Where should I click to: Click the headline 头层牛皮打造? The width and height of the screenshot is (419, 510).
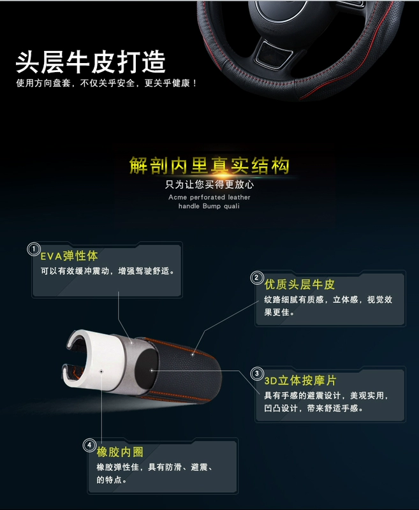pos(91,62)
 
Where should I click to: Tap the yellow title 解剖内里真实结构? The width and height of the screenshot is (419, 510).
pos(209,166)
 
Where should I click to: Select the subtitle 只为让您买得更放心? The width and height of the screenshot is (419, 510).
pos(209,184)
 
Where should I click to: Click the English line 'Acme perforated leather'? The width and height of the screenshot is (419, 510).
pos(209,197)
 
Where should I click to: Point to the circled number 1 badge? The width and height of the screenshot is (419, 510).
pos(34,249)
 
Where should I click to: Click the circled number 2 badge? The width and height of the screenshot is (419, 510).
pos(256,278)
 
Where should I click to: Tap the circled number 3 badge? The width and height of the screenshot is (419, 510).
pos(256,374)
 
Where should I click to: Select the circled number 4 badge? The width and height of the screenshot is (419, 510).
pos(89,445)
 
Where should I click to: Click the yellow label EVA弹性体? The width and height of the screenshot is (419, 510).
pos(69,256)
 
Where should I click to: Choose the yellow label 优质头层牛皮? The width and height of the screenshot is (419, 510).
pos(299,284)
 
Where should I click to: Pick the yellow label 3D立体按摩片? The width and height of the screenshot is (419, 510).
pos(300,380)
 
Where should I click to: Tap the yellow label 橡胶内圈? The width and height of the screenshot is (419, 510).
pos(120,452)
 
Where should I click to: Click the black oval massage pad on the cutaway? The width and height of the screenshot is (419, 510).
pos(147,369)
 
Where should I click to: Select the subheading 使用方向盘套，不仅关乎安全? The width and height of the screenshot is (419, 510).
pos(75,84)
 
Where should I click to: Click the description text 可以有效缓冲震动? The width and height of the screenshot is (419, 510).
pos(75,271)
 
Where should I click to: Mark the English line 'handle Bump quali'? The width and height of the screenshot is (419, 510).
pos(209,206)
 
